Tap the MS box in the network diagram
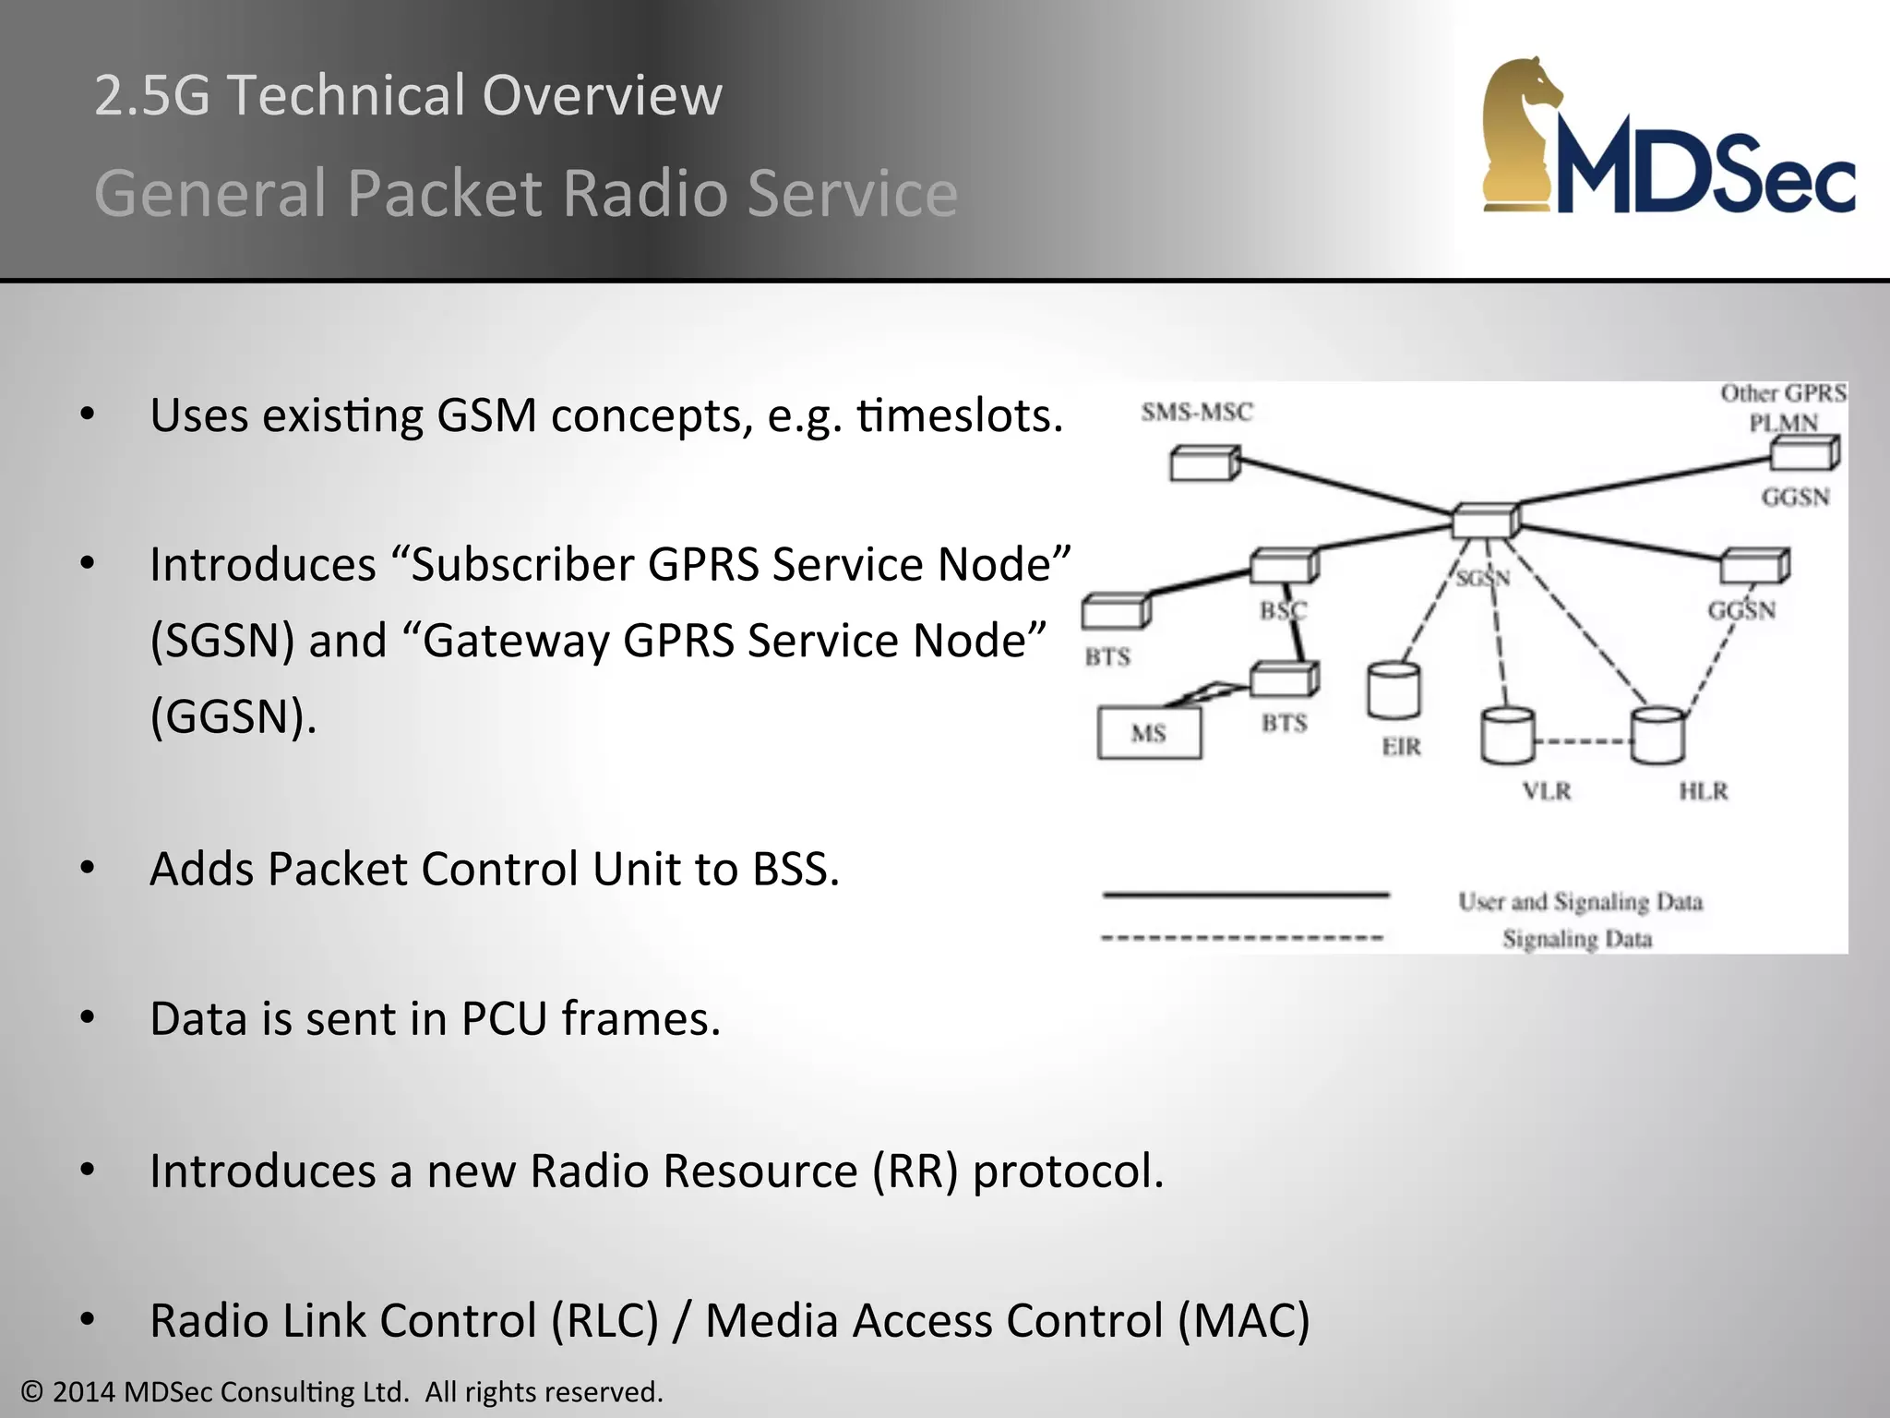[1149, 733]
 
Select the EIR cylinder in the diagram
[1394, 690]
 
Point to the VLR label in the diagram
[1547, 791]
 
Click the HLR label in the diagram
[1703, 791]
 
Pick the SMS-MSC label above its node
[1197, 412]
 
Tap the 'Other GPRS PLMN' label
[1783, 407]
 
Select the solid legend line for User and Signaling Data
[1246, 895]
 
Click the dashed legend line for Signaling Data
[1243, 938]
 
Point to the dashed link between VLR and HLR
[1582, 740]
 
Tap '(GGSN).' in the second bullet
[233, 716]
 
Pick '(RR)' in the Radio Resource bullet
[915, 1172]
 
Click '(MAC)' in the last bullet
[1243, 1321]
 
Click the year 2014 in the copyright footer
[84, 1392]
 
